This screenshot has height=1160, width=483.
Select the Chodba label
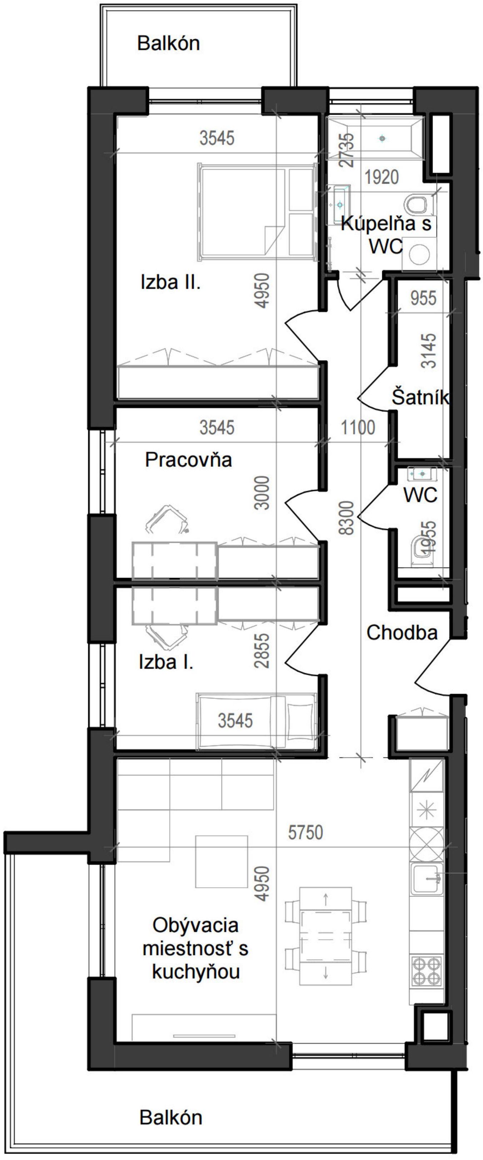[402, 633]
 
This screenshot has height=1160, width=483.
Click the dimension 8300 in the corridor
[348, 518]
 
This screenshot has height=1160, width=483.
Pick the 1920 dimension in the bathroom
[382, 177]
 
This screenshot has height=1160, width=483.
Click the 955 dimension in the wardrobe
[424, 298]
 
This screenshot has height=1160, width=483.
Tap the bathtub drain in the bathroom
[382, 138]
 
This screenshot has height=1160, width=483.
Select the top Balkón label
[169, 43]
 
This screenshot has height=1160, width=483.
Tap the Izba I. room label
[166, 662]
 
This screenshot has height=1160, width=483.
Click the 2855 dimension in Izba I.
[262, 650]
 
